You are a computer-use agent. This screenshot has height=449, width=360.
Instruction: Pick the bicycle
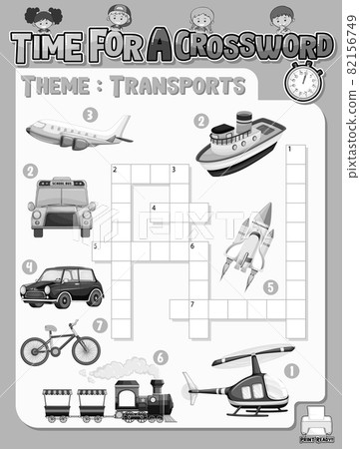coord(61,344)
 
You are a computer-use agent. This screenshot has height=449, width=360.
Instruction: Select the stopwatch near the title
coord(303,81)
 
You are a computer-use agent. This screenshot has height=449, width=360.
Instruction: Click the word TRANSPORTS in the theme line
coord(179,86)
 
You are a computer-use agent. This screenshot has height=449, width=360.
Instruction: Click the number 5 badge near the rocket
coord(270,287)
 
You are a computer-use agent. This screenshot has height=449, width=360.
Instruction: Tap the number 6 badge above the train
coord(161,357)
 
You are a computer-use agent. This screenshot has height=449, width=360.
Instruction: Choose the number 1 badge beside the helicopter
coord(291,370)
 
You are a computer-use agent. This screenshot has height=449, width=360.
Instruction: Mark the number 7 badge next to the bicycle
coord(99,324)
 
